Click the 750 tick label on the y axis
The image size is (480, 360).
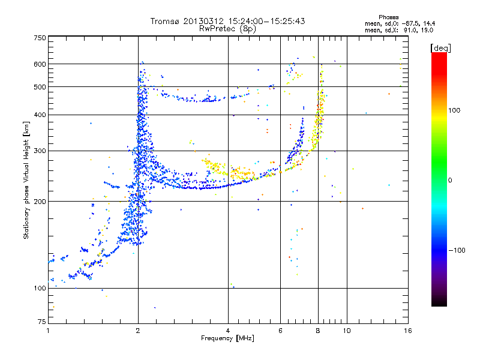[40, 37]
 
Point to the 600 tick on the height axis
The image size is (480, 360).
[40, 64]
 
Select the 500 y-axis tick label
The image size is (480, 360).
[40, 87]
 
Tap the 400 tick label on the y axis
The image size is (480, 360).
[40, 115]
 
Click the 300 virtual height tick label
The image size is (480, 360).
[40, 151]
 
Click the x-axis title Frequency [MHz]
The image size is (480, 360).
[228, 339]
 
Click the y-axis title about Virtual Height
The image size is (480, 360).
[26, 180]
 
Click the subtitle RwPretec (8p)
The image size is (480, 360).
[228, 28]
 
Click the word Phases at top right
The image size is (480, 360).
[389, 17]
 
